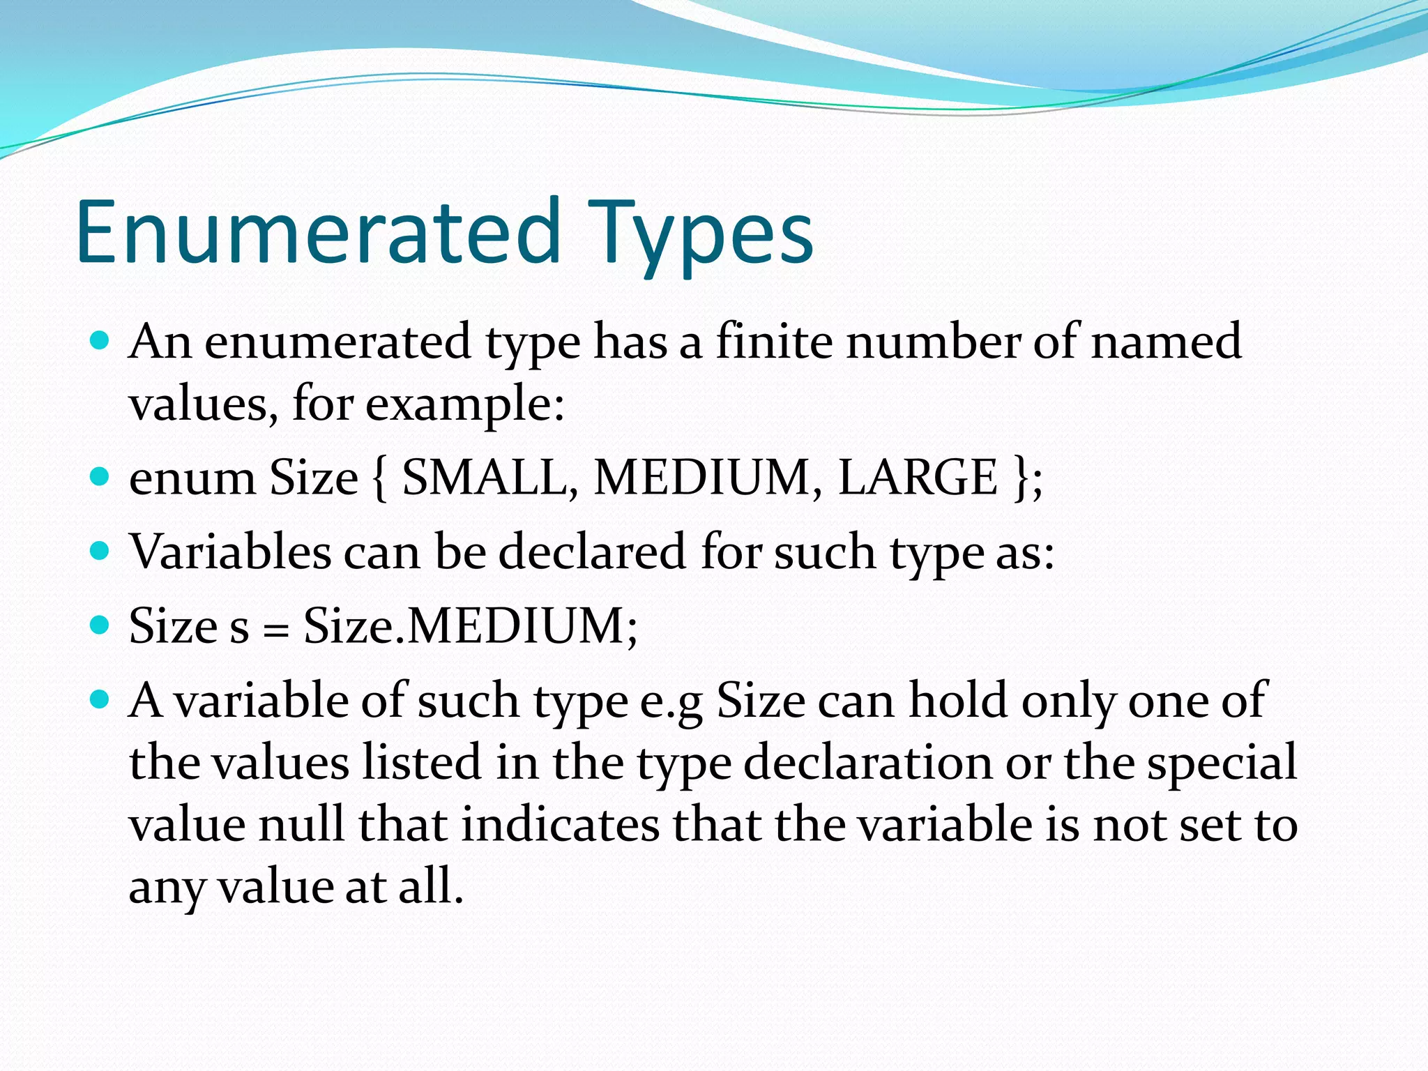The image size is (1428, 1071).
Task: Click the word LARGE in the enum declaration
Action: (x=918, y=478)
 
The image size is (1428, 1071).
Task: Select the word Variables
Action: (x=231, y=552)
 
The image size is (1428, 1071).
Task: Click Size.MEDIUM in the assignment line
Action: (x=470, y=626)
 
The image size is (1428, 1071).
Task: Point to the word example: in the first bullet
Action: (x=464, y=405)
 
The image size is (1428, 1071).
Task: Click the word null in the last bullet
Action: (x=302, y=825)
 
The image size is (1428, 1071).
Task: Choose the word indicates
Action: (x=560, y=825)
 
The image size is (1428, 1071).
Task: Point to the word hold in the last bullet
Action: (x=958, y=700)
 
